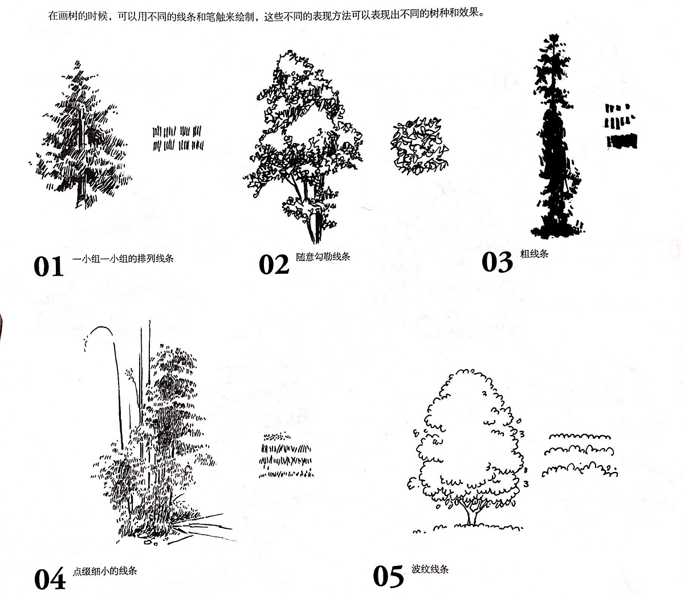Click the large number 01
tap(48, 266)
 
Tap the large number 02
tap(274, 265)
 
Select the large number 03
tap(497, 262)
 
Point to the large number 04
tap(50, 579)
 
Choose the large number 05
tap(388, 577)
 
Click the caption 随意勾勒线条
tap(323, 257)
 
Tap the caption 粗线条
tap(534, 253)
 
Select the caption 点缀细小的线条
tap(105, 571)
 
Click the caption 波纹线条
tap(430, 569)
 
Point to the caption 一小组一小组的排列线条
tap(123, 259)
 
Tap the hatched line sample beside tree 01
tap(178, 138)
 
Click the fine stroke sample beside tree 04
tap(286, 455)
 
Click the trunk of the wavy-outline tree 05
tap(471, 514)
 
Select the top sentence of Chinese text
tap(266, 15)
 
